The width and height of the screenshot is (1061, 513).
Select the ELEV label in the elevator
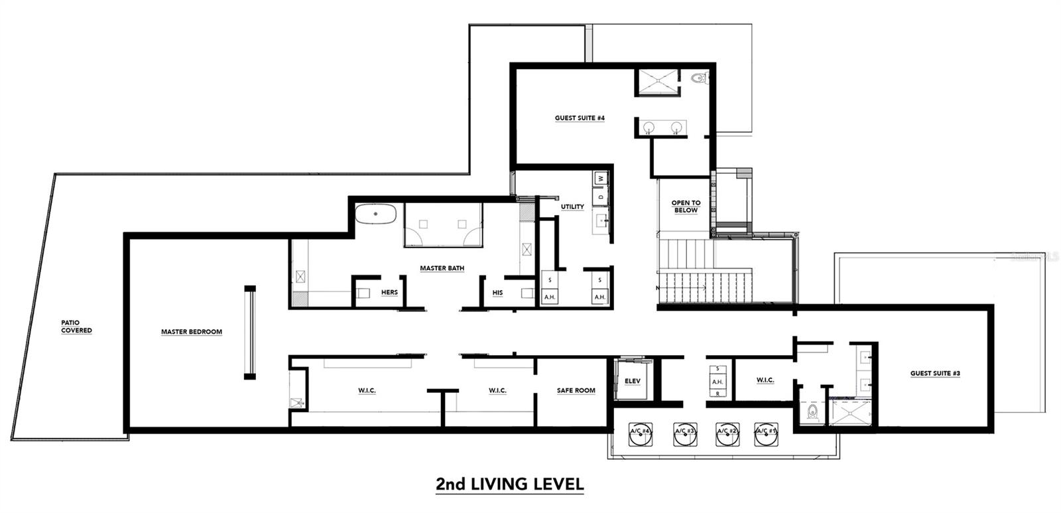click(x=633, y=381)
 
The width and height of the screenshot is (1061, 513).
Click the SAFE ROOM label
click(x=576, y=391)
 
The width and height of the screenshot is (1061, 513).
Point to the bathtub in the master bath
click(x=375, y=215)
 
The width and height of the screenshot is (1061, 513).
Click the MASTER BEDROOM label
click(x=192, y=332)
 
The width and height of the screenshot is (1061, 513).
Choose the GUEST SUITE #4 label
click(x=580, y=118)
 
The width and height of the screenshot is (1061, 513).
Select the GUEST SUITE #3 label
click(x=935, y=374)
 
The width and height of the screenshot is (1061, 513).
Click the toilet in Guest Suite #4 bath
click(x=698, y=78)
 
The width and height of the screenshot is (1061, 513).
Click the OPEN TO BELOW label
click(x=686, y=206)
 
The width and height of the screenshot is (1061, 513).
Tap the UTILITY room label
click(x=572, y=207)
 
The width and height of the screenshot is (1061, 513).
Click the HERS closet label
click(x=389, y=293)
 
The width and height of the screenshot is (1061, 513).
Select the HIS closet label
click(x=497, y=293)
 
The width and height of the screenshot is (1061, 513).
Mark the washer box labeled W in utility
click(x=601, y=178)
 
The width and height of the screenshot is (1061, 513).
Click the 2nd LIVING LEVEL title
click(x=509, y=484)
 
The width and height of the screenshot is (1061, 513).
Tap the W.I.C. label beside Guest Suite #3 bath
click(x=765, y=380)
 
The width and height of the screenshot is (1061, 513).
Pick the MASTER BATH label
click(x=442, y=269)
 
